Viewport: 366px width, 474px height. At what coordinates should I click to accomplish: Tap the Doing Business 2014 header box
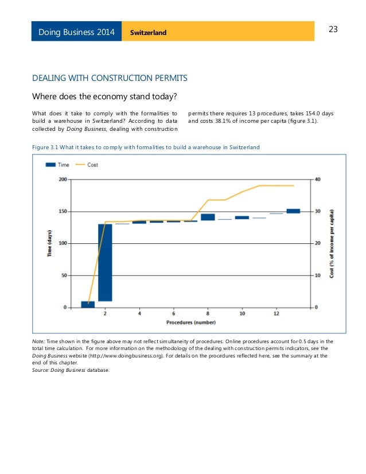76,32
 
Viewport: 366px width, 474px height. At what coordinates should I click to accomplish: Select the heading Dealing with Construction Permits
110,77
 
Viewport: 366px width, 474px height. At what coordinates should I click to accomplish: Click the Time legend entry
57,165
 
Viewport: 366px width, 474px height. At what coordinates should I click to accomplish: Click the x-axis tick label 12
277,314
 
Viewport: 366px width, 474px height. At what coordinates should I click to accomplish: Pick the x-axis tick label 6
174,314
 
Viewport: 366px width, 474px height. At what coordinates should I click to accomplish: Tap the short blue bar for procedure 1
88,304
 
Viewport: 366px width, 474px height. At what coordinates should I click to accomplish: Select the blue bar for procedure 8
208,217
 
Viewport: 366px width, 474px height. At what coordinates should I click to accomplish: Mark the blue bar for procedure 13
293,211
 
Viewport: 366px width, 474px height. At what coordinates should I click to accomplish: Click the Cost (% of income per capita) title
332,243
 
